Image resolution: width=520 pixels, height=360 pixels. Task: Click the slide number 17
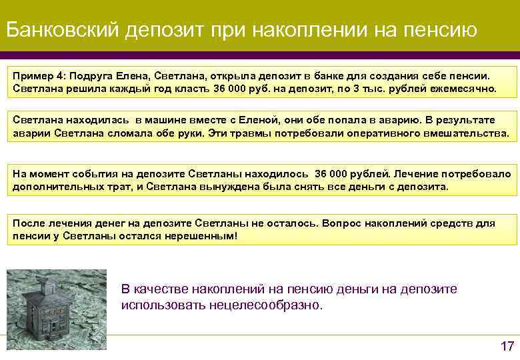click(506, 345)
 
